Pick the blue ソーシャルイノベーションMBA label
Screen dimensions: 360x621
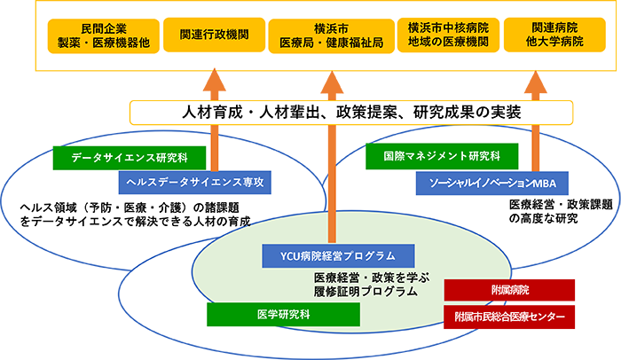click(x=485, y=184)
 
